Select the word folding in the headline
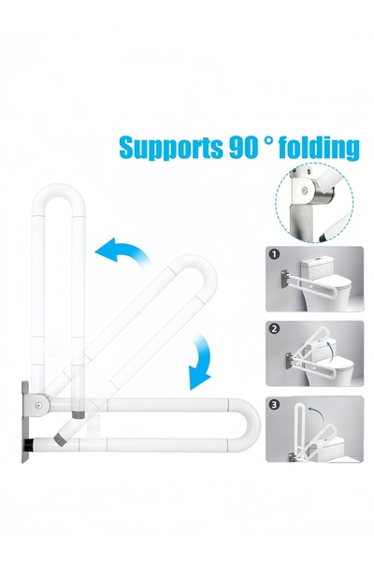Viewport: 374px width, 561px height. point(317,149)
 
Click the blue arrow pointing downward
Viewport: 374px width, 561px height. point(200,365)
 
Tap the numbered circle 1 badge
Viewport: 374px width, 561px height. point(274,253)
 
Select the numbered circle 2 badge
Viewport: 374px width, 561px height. point(274,329)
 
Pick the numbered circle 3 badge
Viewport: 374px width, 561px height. point(274,404)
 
